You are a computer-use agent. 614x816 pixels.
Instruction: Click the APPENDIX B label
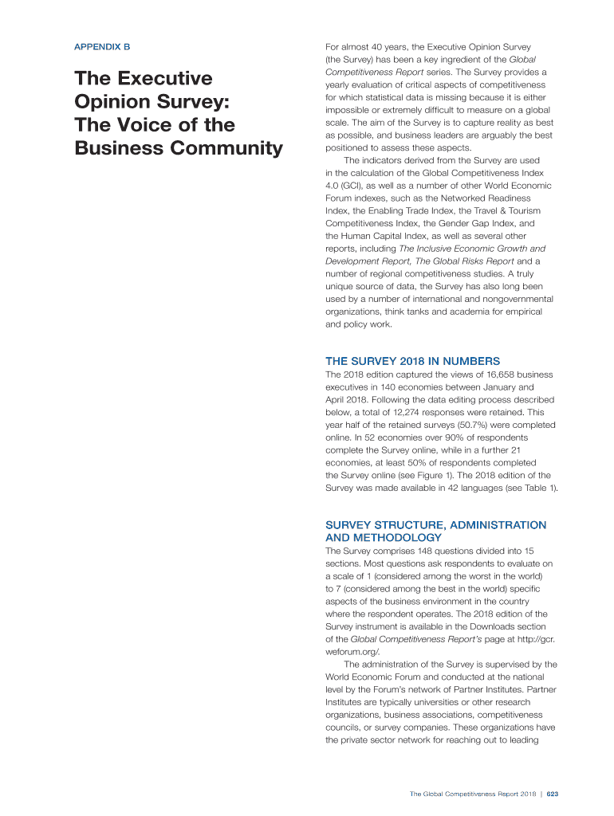click(101, 47)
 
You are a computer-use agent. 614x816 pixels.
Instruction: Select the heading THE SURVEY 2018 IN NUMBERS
click(412, 361)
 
